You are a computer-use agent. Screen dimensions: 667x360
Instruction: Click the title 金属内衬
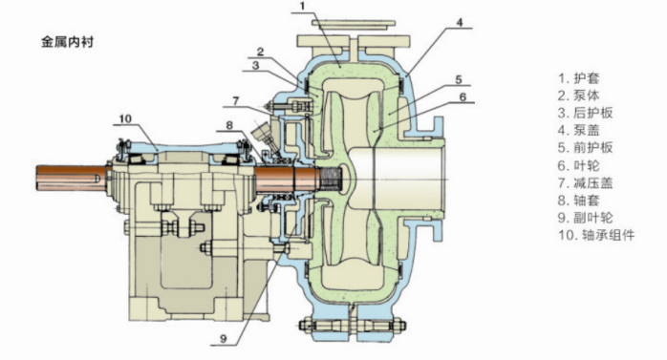click(x=67, y=42)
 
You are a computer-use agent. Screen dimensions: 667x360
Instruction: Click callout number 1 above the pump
click(x=303, y=6)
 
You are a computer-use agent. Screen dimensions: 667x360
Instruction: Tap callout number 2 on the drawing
click(x=260, y=52)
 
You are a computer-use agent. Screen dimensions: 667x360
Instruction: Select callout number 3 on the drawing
click(x=255, y=66)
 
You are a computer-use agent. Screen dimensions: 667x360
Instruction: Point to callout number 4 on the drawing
click(x=459, y=22)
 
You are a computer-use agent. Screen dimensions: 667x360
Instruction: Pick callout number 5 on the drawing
click(x=459, y=79)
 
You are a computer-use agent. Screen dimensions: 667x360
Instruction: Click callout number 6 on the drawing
click(x=463, y=96)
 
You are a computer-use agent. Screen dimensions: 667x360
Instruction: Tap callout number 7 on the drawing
click(x=235, y=101)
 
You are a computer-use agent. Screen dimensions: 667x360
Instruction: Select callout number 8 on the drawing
click(x=229, y=125)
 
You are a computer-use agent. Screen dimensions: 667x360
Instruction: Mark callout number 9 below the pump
click(x=224, y=339)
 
